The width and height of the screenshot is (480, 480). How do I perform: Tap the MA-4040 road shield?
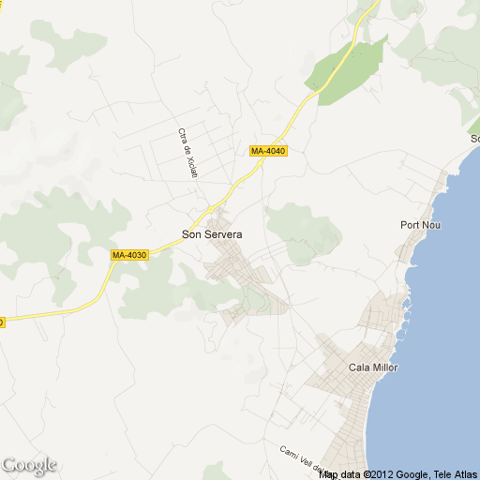(268, 151)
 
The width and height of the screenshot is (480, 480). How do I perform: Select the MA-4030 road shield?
(129, 255)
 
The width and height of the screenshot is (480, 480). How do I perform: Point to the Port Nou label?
(420, 225)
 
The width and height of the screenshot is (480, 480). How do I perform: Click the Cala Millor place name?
(372, 367)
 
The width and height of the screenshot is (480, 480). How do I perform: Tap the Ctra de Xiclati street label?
(186, 150)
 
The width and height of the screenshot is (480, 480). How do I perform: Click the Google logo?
(29, 465)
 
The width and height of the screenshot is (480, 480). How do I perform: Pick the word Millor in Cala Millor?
(384, 367)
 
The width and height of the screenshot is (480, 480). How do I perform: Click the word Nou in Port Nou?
(431, 225)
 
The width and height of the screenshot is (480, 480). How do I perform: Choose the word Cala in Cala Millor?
(358, 367)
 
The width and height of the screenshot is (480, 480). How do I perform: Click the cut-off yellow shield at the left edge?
(2, 322)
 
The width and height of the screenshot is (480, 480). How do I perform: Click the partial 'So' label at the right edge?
(474, 139)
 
